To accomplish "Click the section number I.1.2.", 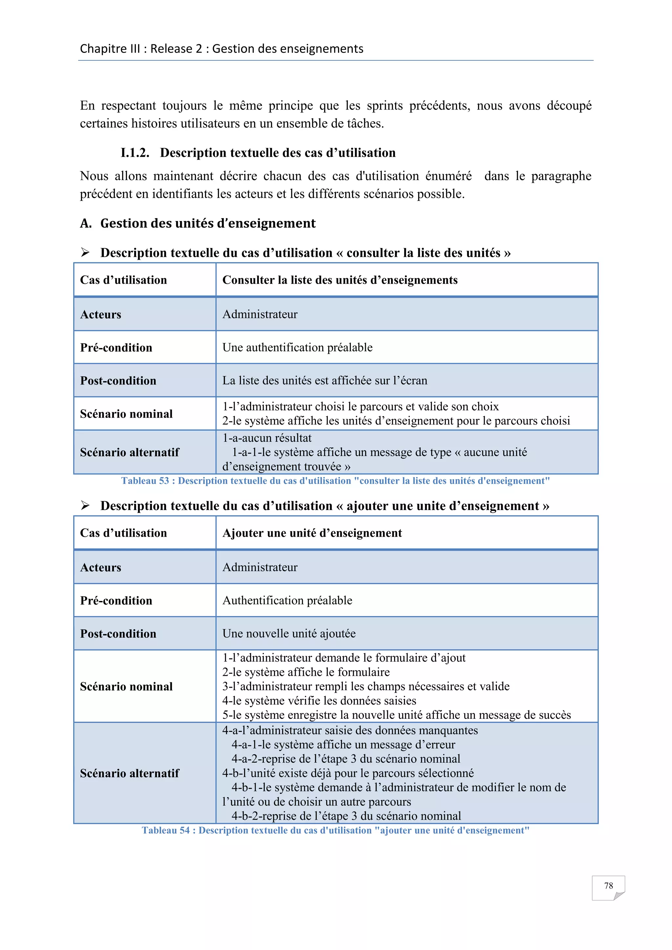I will [x=135, y=153].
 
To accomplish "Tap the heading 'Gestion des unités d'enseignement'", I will [x=208, y=223].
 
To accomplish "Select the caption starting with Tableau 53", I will [x=335, y=481].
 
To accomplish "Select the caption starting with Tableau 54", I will [x=335, y=830].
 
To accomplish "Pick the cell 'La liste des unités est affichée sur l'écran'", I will [x=325, y=380].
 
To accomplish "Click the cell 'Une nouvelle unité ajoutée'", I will [x=289, y=633].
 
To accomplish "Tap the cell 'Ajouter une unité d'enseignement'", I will [x=312, y=533].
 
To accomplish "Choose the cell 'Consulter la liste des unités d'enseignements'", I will [x=340, y=280].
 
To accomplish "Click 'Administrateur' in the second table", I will [x=260, y=567].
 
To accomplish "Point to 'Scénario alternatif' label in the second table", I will [x=130, y=773].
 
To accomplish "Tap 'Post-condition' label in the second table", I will [x=118, y=633].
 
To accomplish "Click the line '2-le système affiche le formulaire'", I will [x=306, y=672].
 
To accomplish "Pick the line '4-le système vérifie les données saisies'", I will [x=319, y=700].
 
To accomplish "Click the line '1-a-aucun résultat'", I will [x=267, y=438].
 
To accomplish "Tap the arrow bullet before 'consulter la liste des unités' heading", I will [x=85, y=252].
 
